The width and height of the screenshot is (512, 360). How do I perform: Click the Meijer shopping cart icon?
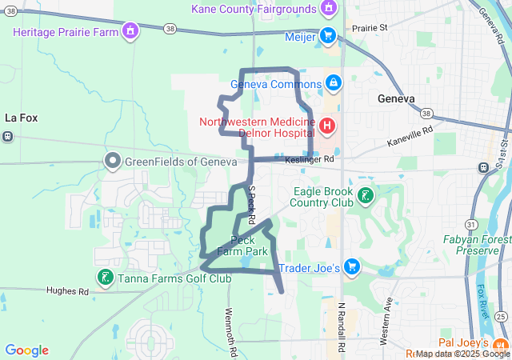pos(327,36)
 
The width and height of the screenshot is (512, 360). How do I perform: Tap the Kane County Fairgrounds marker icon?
pos(326,8)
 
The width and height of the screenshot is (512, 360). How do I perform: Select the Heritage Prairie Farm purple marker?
pos(130,31)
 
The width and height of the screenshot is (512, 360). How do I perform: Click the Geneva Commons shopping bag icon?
pos(333,82)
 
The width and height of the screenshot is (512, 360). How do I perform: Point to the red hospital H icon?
pos(326,126)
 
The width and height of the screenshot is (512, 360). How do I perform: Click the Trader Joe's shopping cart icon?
pos(350,267)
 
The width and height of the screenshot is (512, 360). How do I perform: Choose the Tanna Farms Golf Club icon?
pos(105,278)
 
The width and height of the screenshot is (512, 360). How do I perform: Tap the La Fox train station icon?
pos(8,135)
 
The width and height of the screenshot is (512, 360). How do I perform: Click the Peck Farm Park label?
pos(242,246)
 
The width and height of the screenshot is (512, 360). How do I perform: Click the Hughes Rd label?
pos(67,291)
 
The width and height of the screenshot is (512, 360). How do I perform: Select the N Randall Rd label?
pos(342,328)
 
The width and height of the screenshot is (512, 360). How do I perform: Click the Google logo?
pos(26,350)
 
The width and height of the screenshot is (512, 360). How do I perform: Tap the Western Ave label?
pos(389,321)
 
